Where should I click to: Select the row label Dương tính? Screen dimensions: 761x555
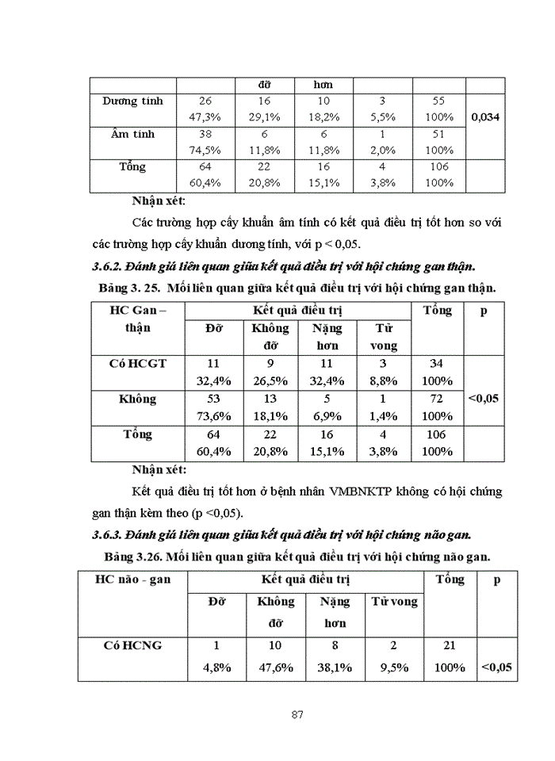coord(132,101)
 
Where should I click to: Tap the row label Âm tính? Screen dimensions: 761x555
coord(132,134)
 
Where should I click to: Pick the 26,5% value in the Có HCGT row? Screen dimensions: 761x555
coord(270,380)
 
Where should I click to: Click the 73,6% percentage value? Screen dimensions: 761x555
coord(212,415)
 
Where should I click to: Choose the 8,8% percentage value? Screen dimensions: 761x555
coord(384,380)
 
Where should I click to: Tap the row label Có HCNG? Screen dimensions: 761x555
coord(132,645)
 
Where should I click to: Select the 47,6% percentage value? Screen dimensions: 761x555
coord(275,667)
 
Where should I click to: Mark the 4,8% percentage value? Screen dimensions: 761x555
coord(213,667)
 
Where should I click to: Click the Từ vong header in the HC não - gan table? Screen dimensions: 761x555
coord(394,602)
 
